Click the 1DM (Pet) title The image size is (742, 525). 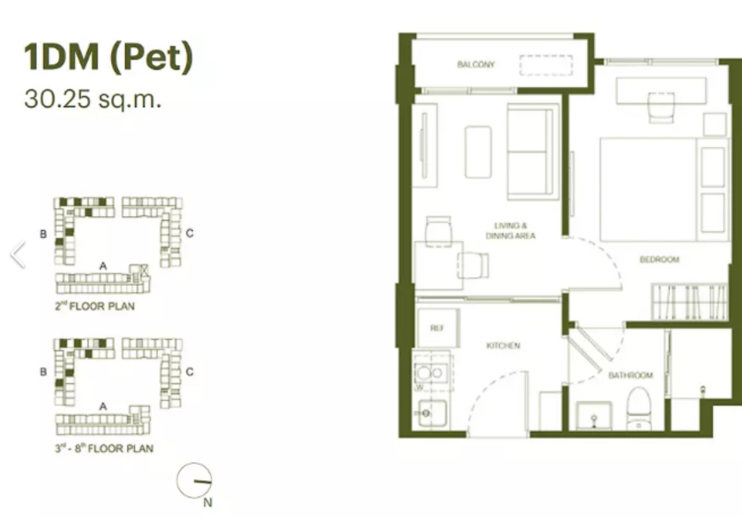click(109, 57)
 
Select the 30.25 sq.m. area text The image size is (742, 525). click(93, 99)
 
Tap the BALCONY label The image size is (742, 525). click(476, 64)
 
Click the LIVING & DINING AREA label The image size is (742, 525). click(511, 231)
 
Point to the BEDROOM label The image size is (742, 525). click(659, 260)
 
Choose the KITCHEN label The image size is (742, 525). click(503, 346)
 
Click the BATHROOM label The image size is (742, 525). click(630, 376)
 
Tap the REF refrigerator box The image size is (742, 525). click(438, 328)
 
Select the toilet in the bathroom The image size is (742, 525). click(639, 408)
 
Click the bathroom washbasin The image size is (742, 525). click(594, 415)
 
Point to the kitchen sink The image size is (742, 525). click(432, 414)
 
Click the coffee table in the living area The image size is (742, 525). click(478, 152)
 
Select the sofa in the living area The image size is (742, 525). click(530, 152)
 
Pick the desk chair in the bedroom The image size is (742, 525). click(661, 107)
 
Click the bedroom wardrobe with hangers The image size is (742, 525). click(689, 301)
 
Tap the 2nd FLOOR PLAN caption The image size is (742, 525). click(95, 306)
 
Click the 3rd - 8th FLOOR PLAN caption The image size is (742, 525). click(104, 448)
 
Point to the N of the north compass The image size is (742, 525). click(207, 503)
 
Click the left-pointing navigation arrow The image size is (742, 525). click(18, 254)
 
